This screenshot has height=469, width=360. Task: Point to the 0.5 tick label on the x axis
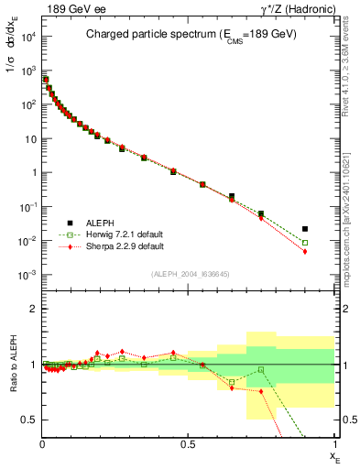point(189,443)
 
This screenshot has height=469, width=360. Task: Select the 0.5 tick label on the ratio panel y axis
point(29,420)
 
